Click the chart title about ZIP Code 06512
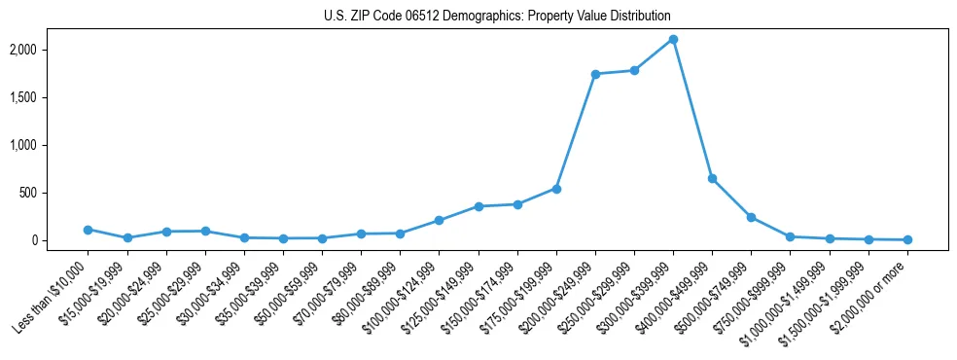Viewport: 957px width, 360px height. [x=497, y=17]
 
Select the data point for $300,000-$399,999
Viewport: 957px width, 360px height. [x=673, y=40]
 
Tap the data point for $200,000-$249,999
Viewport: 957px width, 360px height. [x=595, y=74]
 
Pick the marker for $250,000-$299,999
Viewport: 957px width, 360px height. [x=634, y=70]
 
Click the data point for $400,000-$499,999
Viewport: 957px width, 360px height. [x=712, y=179]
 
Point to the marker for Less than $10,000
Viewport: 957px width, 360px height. [x=88, y=230]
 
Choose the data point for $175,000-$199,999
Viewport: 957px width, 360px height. [x=556, y=189]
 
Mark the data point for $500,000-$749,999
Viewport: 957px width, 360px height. [x=751, y=217]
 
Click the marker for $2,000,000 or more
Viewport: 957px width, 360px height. [x=907, y=239]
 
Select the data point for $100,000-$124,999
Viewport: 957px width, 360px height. [x=439, y=221]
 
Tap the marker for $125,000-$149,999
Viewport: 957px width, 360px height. [x=478, y=206]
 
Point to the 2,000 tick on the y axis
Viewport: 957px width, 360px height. [x=51, y=50]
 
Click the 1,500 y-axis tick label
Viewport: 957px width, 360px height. [x=51, y=97]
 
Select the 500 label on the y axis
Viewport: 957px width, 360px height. [x=56, y=193]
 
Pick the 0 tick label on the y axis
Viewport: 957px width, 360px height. [x=61, y=240]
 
